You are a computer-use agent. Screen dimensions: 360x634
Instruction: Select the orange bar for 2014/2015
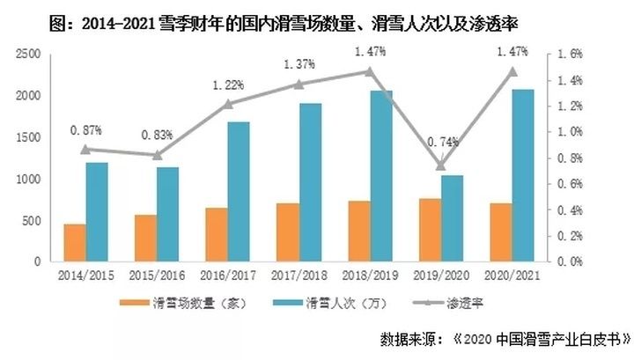click(76, 243)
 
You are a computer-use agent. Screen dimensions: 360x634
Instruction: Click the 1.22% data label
click(228, 85)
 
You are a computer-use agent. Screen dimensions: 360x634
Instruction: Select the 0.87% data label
click(86, 130)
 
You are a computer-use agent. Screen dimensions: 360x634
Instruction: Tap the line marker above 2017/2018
click(299, 84)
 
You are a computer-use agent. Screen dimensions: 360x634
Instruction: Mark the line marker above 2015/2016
click(157, 155)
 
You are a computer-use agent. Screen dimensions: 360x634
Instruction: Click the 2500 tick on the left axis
click(31, 55)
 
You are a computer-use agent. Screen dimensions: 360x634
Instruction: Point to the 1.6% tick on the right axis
click(571, 55)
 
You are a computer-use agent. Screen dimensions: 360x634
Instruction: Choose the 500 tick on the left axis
click(34, 221)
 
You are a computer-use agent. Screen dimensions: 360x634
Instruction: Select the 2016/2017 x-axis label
click(228, 276)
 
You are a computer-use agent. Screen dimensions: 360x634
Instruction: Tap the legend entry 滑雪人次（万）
click(337, 305)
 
